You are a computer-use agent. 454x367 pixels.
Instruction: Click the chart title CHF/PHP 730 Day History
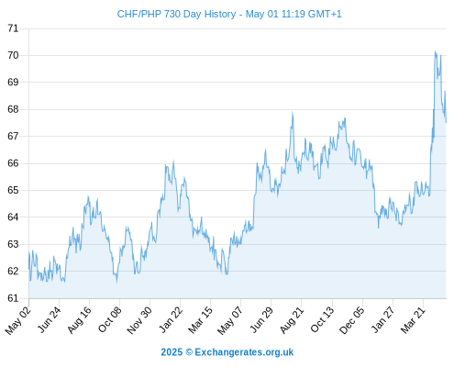click(x=176, y=14)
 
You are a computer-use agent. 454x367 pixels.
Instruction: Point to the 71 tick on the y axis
click(x=13, y=28)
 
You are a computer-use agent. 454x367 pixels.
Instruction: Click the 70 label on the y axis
click(x=13, y=55)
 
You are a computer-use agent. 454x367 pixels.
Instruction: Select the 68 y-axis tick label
click(x=13, y=109)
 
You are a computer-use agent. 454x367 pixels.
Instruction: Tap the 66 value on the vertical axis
click(x=13, y=163)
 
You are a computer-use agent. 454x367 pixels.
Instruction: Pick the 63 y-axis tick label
click(x=13, y=244)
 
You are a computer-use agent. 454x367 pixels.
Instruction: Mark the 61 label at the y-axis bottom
click(x=13, y=298)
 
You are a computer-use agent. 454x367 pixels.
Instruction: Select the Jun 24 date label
click(x=49, y=319)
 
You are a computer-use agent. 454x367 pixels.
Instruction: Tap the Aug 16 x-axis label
click(x=79, y=319)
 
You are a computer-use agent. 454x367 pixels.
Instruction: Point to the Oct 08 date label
click(x=110, y=319)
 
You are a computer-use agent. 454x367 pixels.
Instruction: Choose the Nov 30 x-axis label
click(x=139, y=320)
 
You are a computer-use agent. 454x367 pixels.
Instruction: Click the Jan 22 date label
click(x=171, y=319)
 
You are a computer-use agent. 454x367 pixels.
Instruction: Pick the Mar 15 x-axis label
click(x=200, y=319)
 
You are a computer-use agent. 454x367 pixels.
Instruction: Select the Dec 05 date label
click(x=352, y=320)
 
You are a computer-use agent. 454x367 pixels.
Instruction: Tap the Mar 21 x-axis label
click(x=413, y=319)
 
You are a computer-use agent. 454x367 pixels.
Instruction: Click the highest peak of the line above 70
click(x=435, y=51)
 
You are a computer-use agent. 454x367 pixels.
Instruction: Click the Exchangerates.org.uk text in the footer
click(x=244, y=352)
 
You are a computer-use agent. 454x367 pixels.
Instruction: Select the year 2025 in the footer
click(x=172, y=352)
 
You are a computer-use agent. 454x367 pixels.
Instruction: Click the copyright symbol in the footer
click(x=189, y=352)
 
